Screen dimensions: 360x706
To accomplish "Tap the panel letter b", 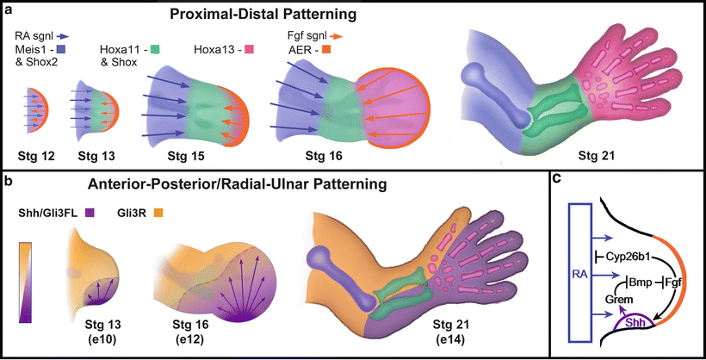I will (x=9, y=181).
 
